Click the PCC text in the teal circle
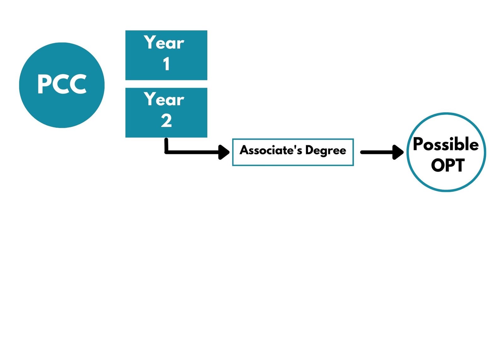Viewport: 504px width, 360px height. point(62,84)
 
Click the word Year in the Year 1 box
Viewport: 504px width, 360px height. point(164,43)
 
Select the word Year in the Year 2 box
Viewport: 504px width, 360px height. point(164,99)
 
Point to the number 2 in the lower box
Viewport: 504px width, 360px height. point(166,120)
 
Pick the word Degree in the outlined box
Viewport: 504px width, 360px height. point(325,150)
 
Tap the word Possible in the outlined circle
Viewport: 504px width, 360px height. point(445,144)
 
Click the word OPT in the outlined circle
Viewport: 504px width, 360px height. point(448,165)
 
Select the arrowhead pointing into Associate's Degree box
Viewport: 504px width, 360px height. point(224,152)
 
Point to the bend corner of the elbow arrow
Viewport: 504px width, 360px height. point(166,152)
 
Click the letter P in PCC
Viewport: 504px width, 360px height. point(44,84)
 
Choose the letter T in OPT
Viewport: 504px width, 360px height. point(460,165)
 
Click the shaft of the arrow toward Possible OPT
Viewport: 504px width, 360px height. point(376,152)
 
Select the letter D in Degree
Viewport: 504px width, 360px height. point(309,150)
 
